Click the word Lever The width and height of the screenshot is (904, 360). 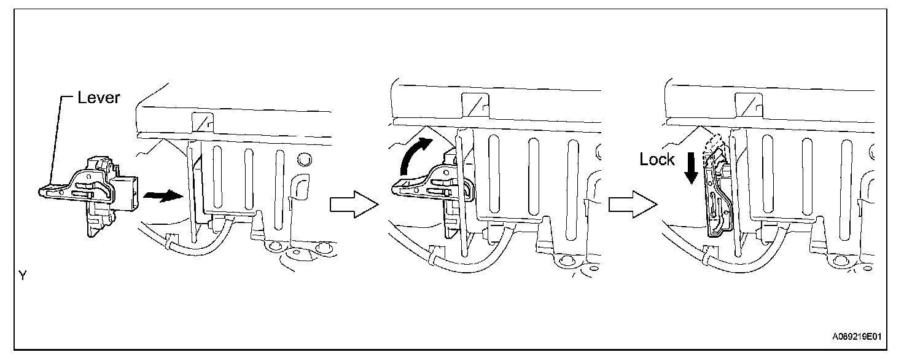tap(98, 98)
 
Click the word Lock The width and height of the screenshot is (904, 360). tap(657, 160)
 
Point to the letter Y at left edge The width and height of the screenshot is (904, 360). tap(22, 276)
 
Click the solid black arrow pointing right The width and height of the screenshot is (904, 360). tap(163, 196)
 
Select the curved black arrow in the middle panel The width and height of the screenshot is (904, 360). tap(413, 155)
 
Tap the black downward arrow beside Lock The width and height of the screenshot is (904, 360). tap(692, 167)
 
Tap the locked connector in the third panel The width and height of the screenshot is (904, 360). tap(719, 197)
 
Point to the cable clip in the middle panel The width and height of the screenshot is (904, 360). tap(437, 251)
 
